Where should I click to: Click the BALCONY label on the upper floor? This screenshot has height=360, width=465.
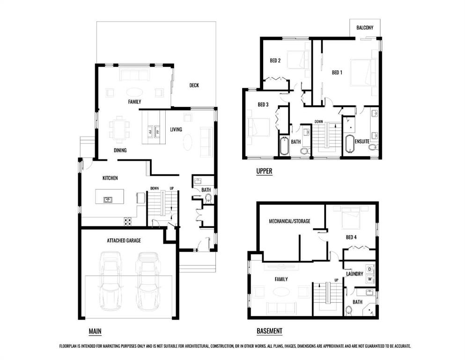point(364,28)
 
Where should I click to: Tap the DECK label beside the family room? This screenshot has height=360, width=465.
point(194,85)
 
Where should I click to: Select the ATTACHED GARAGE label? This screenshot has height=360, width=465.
point(124,240)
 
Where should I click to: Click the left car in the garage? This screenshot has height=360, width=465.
point(111,281)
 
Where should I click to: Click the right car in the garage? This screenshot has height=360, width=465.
point(148,281)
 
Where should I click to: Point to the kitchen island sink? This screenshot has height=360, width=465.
point(108,200)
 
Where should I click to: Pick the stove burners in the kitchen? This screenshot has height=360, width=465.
point(127,221)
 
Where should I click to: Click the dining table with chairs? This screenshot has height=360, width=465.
point(119,127)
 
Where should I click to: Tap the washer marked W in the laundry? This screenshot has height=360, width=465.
point(369,279)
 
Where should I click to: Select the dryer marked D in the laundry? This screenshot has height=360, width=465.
point(369,269)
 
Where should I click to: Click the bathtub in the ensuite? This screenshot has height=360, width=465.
point(350,144)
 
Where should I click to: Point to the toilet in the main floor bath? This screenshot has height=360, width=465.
point(208,198)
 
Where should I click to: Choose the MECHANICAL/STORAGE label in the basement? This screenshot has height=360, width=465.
point(289,221)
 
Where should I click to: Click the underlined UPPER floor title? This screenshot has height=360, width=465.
point(264,171)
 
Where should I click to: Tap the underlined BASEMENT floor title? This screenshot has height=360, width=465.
point(269,331)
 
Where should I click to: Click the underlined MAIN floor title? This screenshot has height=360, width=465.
point(95,331)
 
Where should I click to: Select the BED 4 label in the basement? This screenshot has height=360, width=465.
point(351,237)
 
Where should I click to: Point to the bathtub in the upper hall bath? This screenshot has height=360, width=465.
point(284,146)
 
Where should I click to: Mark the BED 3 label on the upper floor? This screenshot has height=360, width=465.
point(263,105)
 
